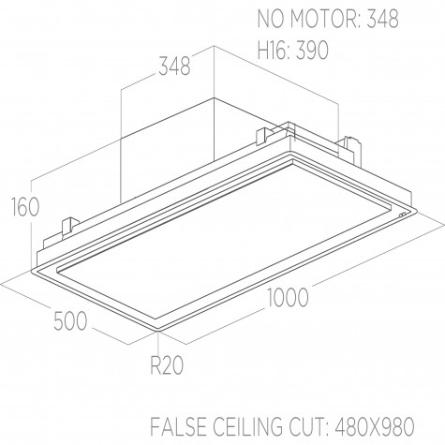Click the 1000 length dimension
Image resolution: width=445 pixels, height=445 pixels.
click(289, 297)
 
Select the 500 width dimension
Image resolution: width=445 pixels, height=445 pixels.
click(70, 320)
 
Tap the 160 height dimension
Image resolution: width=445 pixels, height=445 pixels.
click(25, 207)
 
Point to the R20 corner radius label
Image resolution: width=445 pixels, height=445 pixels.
click(167, 365)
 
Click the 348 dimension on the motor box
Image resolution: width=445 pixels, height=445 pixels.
click(174, 66)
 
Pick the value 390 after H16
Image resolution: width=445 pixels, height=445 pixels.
click(312, 50)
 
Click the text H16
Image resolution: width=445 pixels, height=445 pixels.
click(274, 50)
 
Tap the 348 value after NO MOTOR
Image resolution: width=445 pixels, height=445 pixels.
click(382, 19)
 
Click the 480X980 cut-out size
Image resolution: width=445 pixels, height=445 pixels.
click(375, 425)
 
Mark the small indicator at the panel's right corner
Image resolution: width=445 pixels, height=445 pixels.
click(403, 215)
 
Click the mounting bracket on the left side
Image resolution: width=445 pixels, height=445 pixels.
click(70, 227)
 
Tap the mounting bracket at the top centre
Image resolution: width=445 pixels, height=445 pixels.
click(265, 136)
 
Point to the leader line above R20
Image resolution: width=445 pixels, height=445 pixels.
click(159, 344)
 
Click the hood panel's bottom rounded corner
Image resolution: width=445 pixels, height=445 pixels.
click(158, 330)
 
